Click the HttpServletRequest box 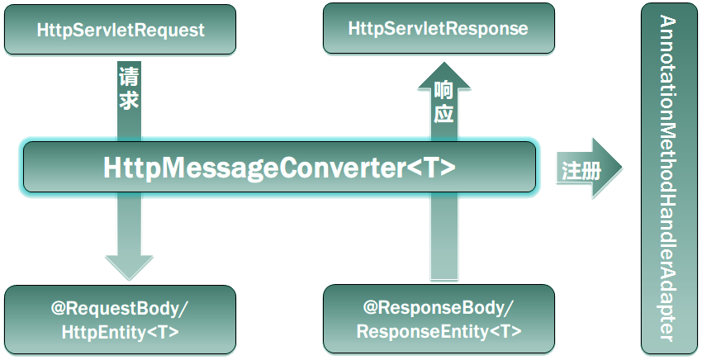pyautogui.click(x=121, y=30)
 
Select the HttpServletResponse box pyautogui.click(x=438, y=29)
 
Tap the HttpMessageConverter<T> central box pyautogui.click(x=279, y=168)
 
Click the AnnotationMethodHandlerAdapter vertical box pyautogui.click(x=667, y=178)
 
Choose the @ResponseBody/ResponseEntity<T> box pyautogui.click(x=438, y=320)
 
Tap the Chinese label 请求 pyautogui.click(x=129, y=89)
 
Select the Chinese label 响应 pyautogui.click(x=443, y=102)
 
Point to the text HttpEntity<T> pyautogui.click(x=121, y=332)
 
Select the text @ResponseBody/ pyautogui.click(x=438, y=308)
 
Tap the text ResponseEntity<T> pyautogui.click(x=438, y=331)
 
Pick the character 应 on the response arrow pyautogui.click(x=443, y=114)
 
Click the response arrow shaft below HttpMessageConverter pyautogui.click(x=443, y=239)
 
